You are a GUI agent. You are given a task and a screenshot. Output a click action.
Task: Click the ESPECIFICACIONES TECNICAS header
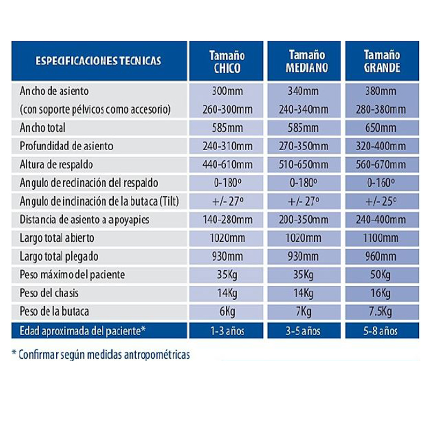pyautogui.click(x=99, y=61)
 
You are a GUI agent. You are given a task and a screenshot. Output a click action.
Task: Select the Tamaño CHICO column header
pyautogui.click(x=227, y=62)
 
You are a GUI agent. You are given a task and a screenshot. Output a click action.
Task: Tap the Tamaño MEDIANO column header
pyautogui.click(x=307, y=61)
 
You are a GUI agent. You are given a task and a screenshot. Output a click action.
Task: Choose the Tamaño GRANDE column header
pyautogui.click(x=382, y=61)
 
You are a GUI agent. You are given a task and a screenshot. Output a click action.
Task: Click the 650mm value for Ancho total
pyautogui.click(x=381, y=128)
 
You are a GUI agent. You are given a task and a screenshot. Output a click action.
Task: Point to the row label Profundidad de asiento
pyautogui.click(x=66, y=146)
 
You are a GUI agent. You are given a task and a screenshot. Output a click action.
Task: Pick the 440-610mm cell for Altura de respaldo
pyautogui.click(x=227, y=165)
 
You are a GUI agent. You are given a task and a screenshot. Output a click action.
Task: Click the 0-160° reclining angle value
pyautogui.click(x=381, y=182)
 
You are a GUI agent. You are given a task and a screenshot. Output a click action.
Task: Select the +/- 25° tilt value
pyautogui.click(x=381, y=202)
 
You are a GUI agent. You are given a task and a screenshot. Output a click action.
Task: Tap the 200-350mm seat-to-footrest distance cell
pyautogui.click(x=304, y=219)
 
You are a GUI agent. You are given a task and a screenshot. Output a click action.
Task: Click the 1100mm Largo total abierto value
pyautogui.click(x=381, y=238)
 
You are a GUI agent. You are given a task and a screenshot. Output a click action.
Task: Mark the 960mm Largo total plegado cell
pyautogui.click(x=381, y=256)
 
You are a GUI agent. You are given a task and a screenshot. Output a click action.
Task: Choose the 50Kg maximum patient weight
pyautogui.click(x=381, y=275)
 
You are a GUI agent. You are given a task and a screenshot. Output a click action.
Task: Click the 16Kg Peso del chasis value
pyautogui.click(x=381, y=293)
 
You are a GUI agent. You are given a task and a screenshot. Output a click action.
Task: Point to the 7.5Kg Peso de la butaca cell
pyautogui.click(x=381, y=312)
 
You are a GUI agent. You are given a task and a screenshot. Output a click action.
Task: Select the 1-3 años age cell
pyautogui.click(x=227, y=331)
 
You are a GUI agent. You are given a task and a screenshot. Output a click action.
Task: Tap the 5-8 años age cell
pyautogui.click(x=381, y=331)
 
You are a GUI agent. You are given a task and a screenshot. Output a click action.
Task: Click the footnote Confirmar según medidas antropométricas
pyautogui.click(x=101, y=355)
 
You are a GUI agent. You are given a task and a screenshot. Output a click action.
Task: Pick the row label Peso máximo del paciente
pyautogui.click(x=72, y=275)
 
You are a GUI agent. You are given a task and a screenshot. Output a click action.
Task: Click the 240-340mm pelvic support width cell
pyautogui.click(x=304, y=109)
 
